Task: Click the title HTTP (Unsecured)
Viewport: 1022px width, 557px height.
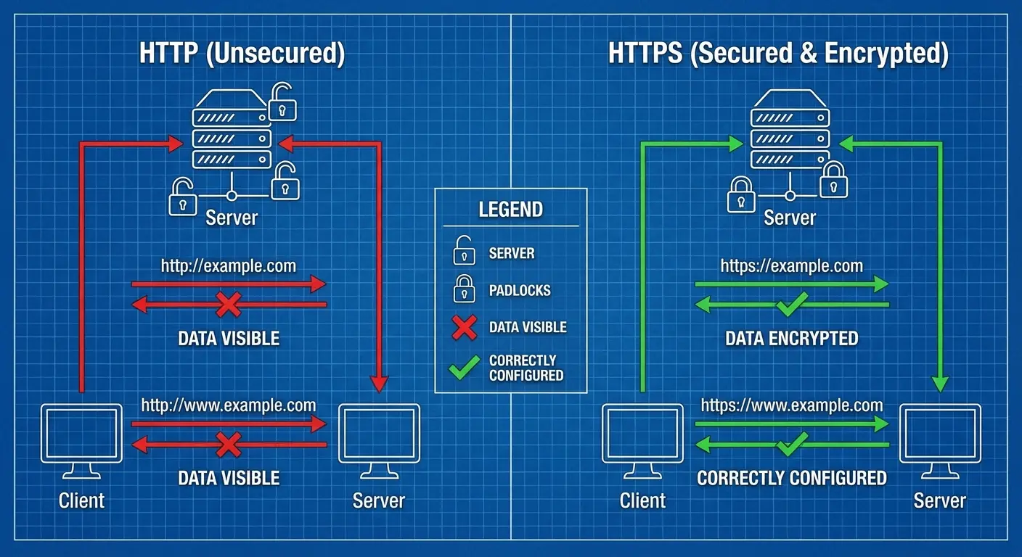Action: [242, 54]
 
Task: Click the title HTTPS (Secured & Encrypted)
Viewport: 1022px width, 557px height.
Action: [778, 54]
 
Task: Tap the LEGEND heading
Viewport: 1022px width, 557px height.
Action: [510, 210]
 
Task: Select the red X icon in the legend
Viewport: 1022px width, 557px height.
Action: [463, 328]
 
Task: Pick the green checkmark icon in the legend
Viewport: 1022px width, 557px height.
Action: [463, 368]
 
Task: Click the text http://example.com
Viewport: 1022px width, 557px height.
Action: [229, 265]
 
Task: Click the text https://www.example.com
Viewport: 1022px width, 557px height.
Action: [792, 405]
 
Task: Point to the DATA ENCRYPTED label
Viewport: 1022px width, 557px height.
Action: [791, 338]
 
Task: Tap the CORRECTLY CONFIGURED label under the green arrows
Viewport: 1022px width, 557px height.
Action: [791, 478]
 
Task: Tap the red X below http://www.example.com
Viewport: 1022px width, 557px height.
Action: [229, 443]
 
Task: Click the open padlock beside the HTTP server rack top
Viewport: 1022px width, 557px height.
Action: [282, 102]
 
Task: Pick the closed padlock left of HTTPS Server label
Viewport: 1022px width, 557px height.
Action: [740, 194]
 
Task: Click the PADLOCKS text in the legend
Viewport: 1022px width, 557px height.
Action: [520, 291]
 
